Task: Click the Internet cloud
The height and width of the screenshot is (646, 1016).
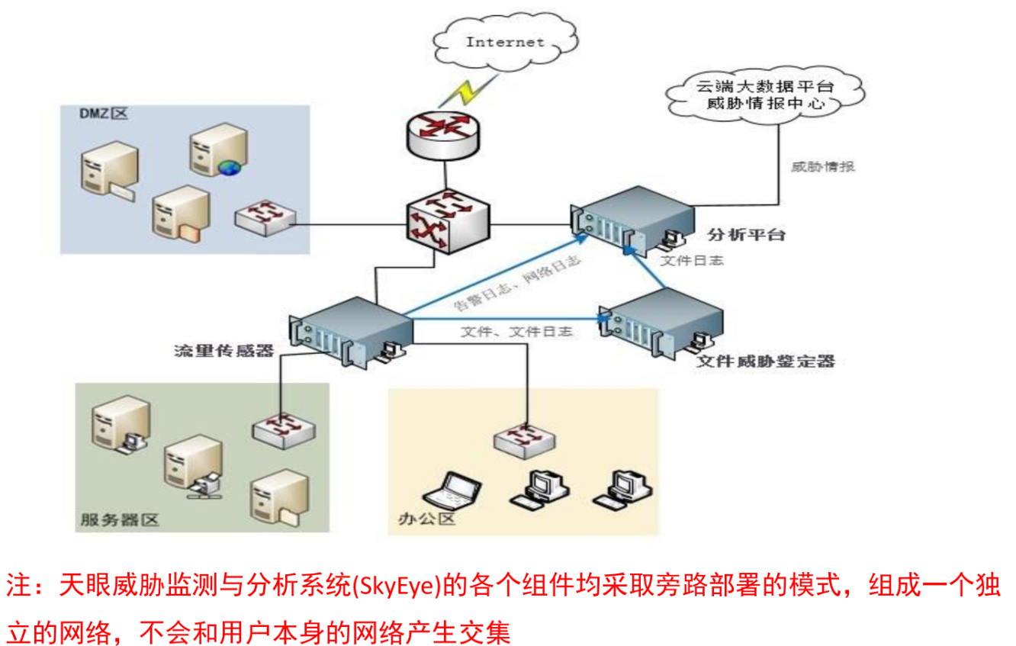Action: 504,42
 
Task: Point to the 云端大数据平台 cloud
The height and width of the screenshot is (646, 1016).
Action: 764,95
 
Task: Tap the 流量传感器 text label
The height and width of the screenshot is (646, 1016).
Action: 223,352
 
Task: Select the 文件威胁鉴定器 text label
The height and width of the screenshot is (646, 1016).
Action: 765,361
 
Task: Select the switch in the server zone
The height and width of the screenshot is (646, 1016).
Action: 281,429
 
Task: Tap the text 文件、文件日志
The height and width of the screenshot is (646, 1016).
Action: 516,333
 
